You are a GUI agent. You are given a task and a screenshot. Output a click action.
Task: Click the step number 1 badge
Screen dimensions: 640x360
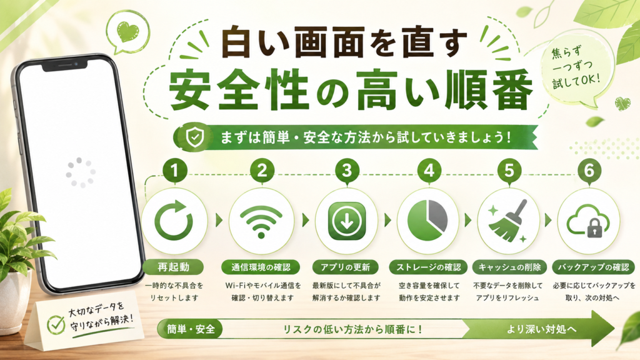tap(175, 170)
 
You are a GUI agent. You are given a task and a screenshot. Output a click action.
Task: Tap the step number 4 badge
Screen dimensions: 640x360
tap(429, 170)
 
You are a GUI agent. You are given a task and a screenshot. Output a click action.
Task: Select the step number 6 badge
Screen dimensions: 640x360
tap(589, 170)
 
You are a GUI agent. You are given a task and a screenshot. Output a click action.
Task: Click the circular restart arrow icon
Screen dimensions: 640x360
tap(174, 221)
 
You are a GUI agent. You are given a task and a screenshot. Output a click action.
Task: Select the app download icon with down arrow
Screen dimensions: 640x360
tap(347, 221)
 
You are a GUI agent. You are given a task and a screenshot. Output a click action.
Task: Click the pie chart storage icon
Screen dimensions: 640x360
tap(427, 221)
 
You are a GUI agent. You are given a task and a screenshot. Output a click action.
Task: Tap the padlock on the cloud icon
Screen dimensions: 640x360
tap(594, 229)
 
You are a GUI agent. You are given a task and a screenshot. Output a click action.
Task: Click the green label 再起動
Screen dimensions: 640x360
tap(174, 267)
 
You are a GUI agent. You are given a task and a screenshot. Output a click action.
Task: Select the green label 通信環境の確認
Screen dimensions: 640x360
tap(261, 267)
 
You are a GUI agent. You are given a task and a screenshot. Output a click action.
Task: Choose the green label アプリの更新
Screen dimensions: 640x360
tap(345, 267)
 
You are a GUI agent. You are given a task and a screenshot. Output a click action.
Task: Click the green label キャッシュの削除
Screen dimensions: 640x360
tap(509, 267)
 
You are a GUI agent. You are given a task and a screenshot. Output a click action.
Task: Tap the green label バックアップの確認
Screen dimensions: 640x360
tap(594, 267)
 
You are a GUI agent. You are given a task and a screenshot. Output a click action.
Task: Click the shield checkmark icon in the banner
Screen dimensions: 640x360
tap(195, 137)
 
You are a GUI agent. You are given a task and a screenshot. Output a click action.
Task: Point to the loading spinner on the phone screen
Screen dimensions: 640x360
tap(81, 172)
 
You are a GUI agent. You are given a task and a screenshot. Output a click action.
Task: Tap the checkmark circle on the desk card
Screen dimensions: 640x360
tap(56, 324)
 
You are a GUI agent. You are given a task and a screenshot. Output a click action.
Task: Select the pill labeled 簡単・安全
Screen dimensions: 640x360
tap(190, 329)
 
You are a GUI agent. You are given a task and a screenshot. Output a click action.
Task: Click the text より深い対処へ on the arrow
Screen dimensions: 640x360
tap(542, 329)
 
